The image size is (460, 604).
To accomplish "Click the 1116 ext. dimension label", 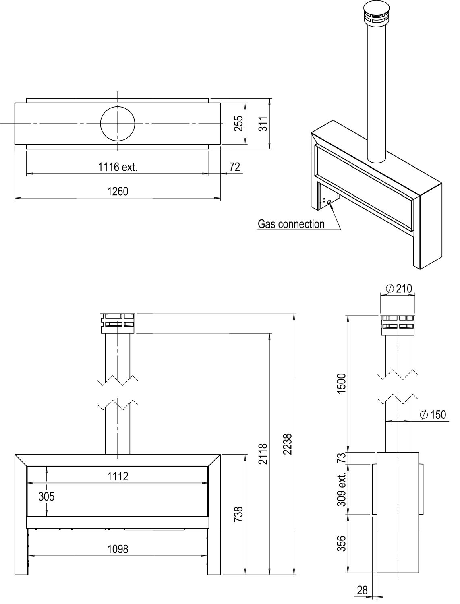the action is (x=118, y=167).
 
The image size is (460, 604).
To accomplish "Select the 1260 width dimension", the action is (x=118, y=191).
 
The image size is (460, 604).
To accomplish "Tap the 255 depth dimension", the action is (x=240, y=123).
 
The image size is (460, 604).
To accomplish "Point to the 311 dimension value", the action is (x=263, y=124).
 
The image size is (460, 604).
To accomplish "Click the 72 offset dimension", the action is (x=234, y=167).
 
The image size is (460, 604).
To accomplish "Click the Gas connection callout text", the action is (x=291, y=224).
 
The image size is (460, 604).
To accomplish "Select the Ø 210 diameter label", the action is (x=399, y=288).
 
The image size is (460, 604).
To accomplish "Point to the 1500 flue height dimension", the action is (x=342, y=383).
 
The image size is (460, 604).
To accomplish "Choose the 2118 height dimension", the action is (x=263, y=454).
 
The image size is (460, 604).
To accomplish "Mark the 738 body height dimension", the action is (x=239, y=514).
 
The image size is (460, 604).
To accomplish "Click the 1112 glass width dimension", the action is (x=118, y=476).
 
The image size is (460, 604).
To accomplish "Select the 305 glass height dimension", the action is (x=46, y=496).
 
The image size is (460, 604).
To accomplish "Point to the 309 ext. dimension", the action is (x=342, y=489).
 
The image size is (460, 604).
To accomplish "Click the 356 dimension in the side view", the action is (x=342, y=543).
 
